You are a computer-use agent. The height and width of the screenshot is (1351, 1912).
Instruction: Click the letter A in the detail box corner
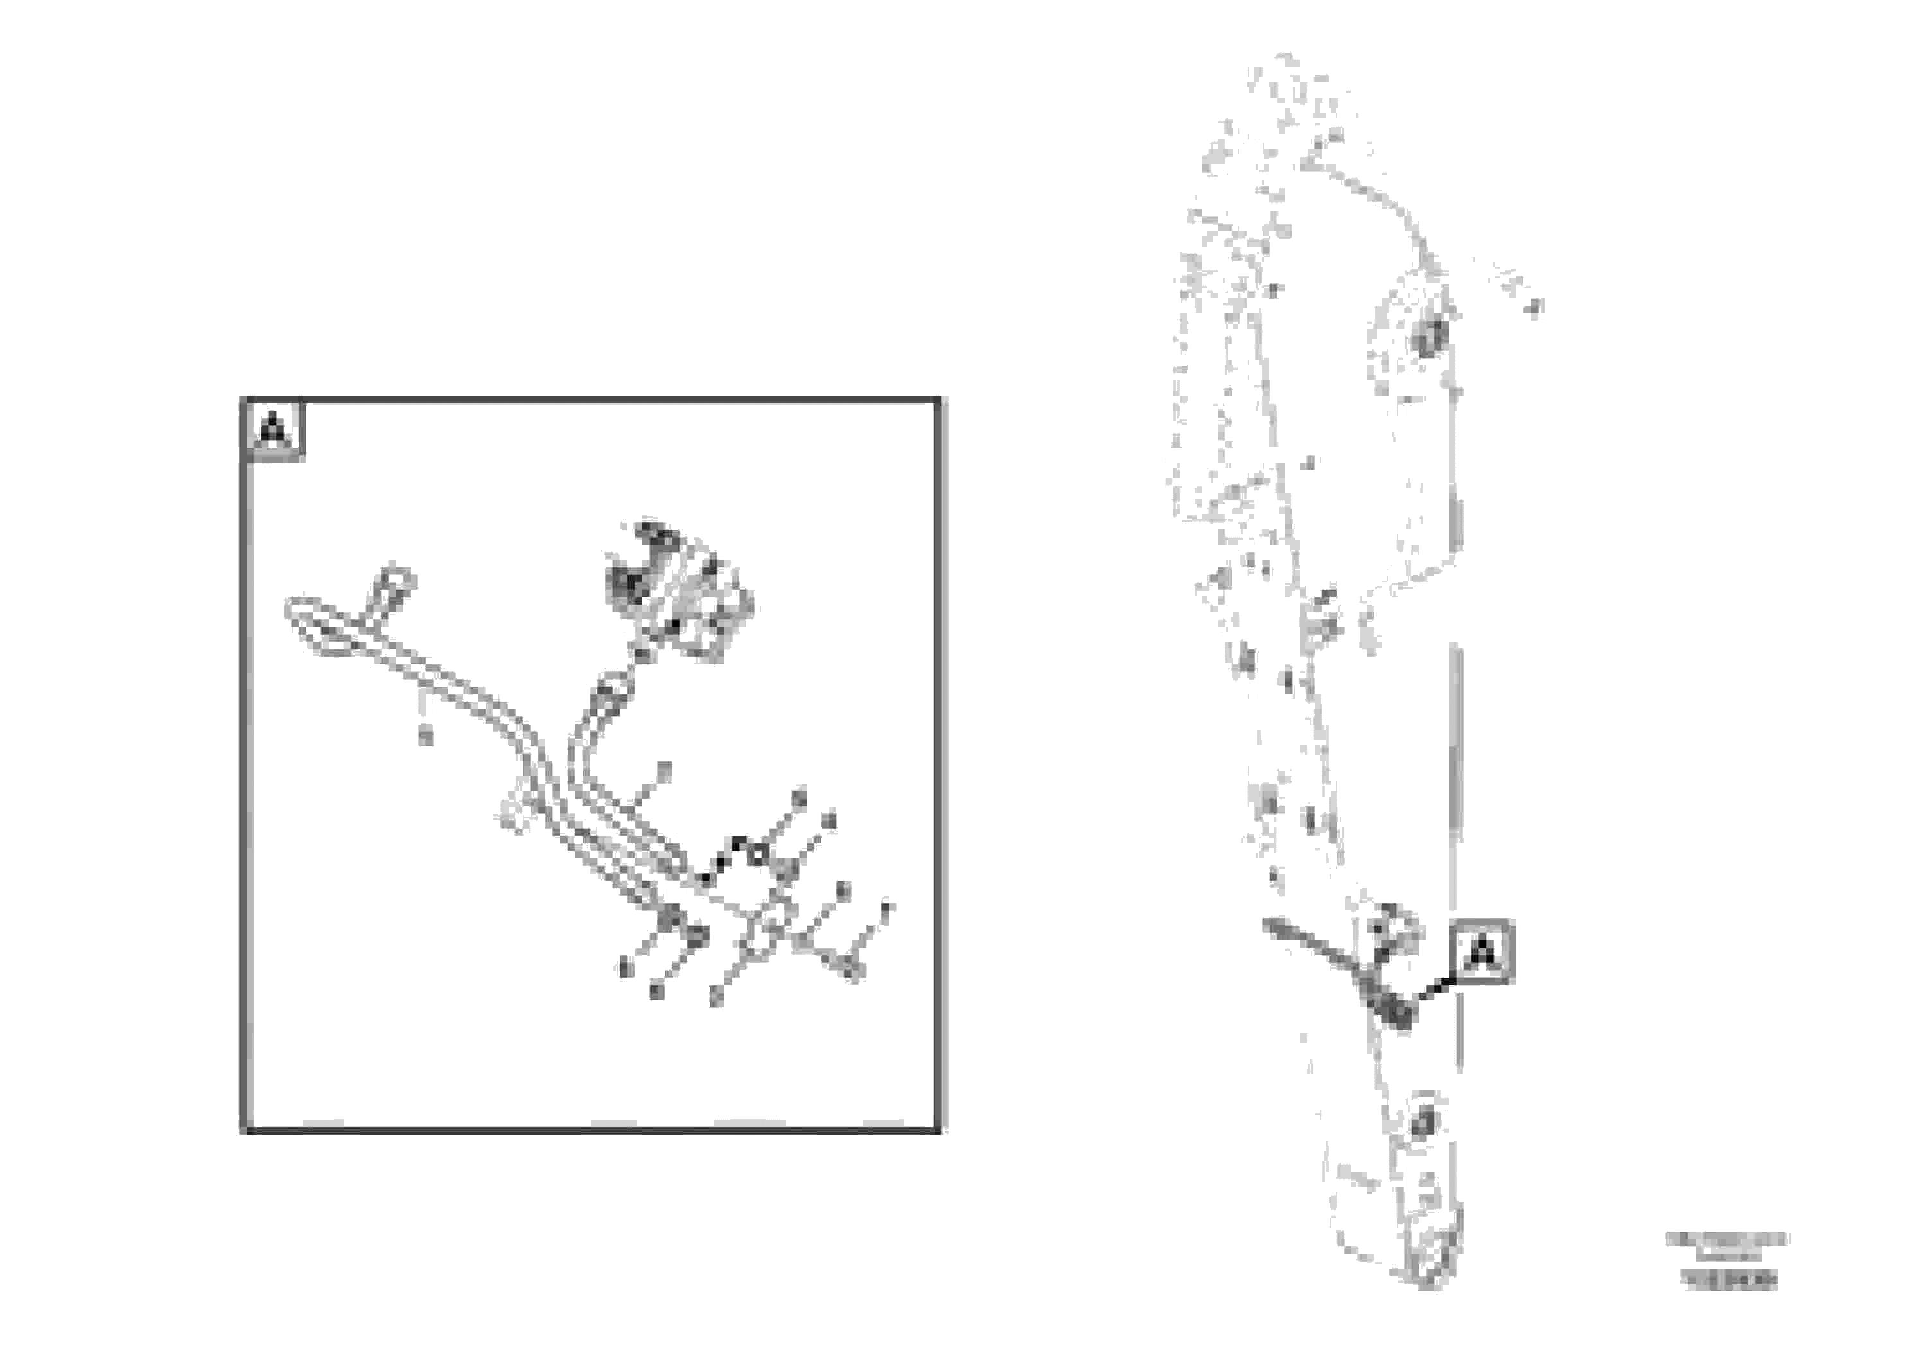pos(273,430)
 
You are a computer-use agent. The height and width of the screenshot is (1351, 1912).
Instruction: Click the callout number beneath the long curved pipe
pos(426,736)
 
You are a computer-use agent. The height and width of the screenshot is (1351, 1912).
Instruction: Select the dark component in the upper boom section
pos(1429,337)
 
